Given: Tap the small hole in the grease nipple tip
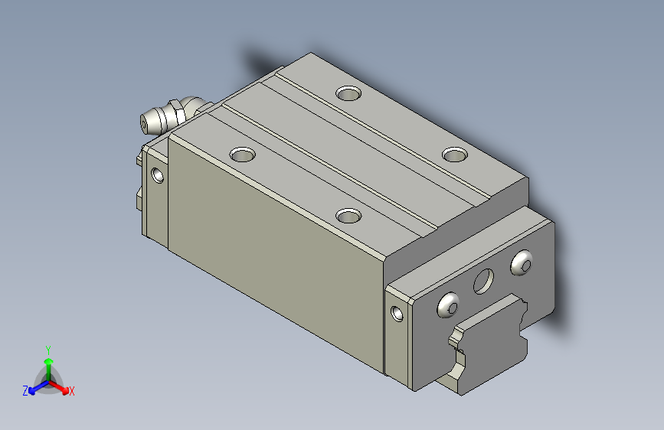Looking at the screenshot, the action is coord(143,125).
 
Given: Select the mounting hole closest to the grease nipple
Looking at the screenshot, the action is coord(242,154).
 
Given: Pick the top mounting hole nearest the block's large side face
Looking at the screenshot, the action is coord(348,216).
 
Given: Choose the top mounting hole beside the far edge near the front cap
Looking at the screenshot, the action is coord(455,154).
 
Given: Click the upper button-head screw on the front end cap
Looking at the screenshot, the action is coord(522,263).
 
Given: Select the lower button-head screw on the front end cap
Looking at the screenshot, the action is coord(448,305).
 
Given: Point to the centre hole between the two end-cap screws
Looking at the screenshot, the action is coord(483,281).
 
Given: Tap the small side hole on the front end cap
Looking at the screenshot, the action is coord(397,313).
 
